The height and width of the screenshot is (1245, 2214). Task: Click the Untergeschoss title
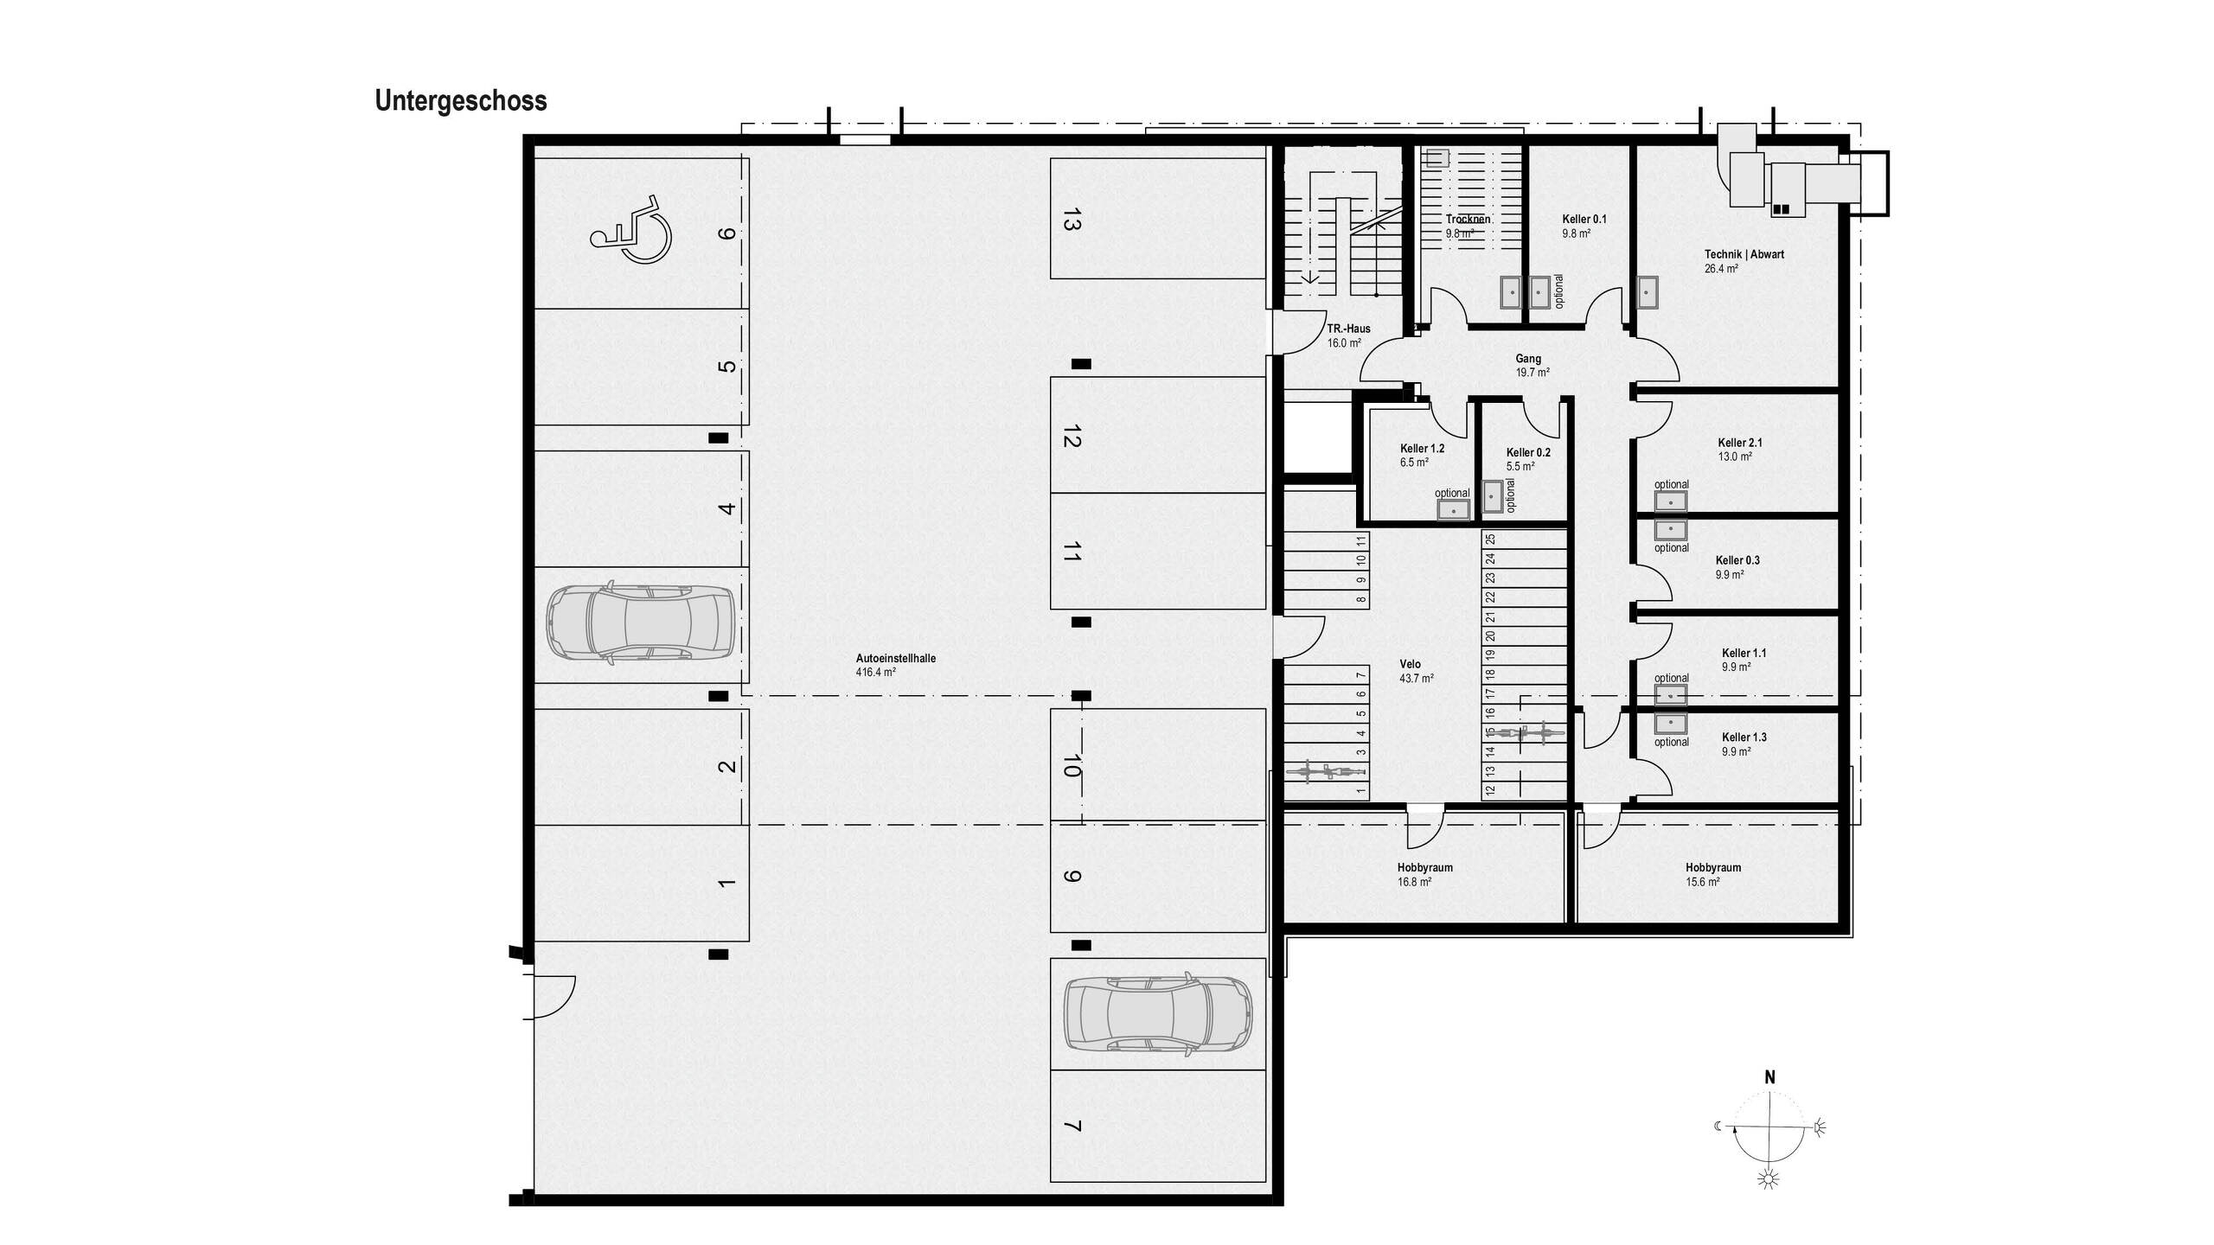(460, 101)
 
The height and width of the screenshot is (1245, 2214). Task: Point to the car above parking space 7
(1158, 1014)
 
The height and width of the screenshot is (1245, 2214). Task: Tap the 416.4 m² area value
(875, 672)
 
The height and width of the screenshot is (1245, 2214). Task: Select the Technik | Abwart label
(1744, 254)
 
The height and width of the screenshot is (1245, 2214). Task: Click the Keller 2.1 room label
(1739, 443)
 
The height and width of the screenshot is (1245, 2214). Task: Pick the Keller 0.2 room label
(1527, 452)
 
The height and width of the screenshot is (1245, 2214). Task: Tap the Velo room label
(1410, 664)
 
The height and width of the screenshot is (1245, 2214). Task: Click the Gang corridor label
(1527, 359)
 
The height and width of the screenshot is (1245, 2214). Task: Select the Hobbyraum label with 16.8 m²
(1424, 867)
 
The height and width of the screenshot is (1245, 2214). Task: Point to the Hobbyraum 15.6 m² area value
(1702, 882)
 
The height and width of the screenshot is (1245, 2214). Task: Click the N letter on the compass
(1769, 1077)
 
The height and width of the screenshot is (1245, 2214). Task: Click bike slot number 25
(1490, 539)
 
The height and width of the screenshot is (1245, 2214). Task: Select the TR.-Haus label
(1348, 329)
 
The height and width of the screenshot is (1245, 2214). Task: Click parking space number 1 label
(726, 883)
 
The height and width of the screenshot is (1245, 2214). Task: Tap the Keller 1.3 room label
(1744, 737)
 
